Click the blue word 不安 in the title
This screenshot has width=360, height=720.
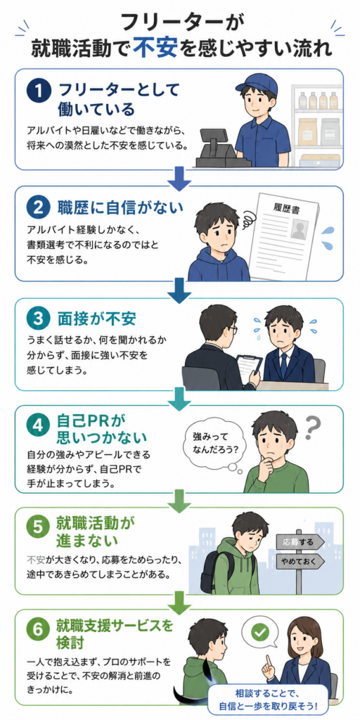155,47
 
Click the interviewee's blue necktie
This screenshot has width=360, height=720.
283,364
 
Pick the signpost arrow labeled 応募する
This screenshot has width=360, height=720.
300,542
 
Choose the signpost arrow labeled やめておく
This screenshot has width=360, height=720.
300,561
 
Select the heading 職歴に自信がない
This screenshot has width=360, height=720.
121,207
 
